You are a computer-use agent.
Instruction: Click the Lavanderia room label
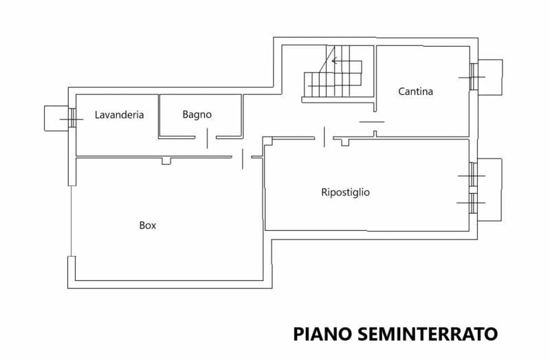tap(119, 115)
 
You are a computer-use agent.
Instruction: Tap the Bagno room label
tap(197, 114)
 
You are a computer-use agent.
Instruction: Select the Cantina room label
tap(415, 91)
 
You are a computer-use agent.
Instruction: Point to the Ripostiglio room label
tap(345, 192)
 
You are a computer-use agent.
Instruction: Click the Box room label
tap(148, 225)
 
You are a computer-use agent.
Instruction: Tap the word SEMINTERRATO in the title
tap(426, 335)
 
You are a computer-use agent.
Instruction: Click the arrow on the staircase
tap(338, 61)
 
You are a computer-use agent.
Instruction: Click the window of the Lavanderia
tap(71, 118)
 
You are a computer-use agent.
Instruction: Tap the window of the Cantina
tap(473, 77)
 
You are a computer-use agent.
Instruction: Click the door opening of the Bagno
tap(207, 138)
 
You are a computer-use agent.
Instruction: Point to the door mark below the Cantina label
tap(372, 122)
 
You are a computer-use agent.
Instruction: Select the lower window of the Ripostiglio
tap(472, 203)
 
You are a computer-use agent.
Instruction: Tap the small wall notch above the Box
tap(166, 161)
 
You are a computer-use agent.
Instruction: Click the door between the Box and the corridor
tap(243, 158)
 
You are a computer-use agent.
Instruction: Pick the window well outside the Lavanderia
tap(54, 117)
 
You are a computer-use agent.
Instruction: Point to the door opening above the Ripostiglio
tap(324, 137)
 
